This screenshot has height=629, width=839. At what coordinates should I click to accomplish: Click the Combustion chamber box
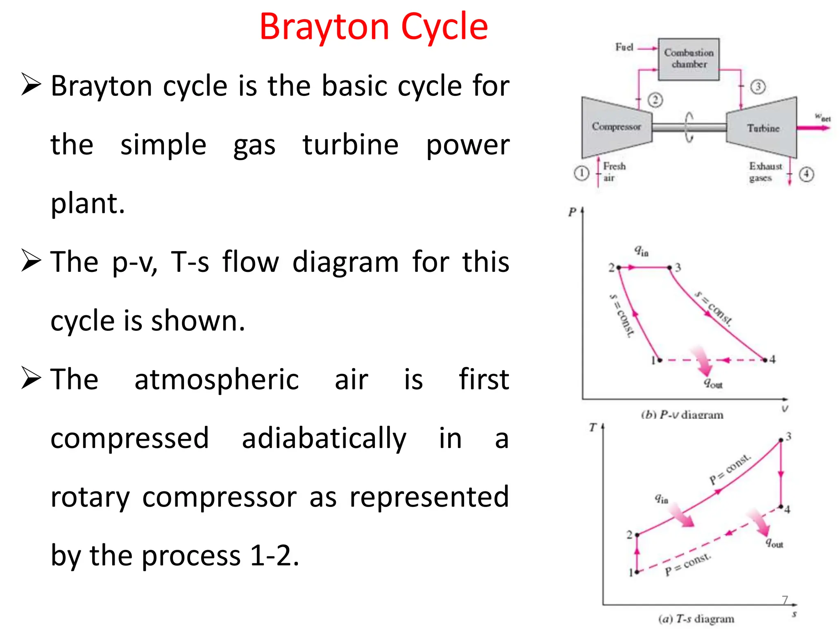689,59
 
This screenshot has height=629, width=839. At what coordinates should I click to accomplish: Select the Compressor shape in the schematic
616,127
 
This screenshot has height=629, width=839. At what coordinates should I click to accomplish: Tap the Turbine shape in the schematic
762,128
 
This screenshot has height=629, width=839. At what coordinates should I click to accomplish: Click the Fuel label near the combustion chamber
624,48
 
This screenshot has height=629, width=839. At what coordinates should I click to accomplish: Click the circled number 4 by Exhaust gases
806,174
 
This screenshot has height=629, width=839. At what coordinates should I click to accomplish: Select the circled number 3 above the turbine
758,87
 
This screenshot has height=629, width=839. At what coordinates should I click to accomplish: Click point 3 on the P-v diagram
670,267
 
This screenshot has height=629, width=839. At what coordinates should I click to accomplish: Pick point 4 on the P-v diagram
765,360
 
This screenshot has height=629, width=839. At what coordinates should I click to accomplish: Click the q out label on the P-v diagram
713,383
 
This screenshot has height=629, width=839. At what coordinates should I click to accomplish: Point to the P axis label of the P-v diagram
572,212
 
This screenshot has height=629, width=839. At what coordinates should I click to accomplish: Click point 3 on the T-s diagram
781,440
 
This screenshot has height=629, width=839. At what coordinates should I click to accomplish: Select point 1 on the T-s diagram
637,572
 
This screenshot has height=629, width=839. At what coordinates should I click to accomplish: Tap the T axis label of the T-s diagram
593,428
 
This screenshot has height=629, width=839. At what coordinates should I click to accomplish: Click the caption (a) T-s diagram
696,619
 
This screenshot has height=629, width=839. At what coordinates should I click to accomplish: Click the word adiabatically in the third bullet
324,438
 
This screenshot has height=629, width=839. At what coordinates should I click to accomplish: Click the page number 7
785,600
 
